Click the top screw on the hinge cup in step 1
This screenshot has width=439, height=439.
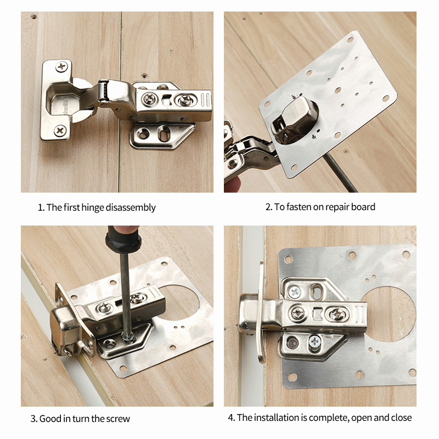pyautogui.click(x=61, y=66)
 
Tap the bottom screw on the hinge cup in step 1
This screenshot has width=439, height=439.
pyautogui.click(x=60, y=130)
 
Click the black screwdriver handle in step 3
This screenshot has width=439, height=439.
pyautogui.click(x=122, y=241)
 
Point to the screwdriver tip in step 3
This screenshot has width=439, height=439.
pyautogui.click(x=128, y=338)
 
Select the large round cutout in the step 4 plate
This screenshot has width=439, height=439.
pyautogui.click(x=387, y=314)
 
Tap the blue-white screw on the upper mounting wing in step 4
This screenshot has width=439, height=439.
pyautogui.click(x=295, y=292)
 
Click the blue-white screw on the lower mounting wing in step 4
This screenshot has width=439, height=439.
pyautogui.click(x=315, y=341)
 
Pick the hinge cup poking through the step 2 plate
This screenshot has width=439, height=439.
pyautogui.click(x=295, y=120)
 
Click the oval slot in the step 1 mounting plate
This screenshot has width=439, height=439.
pyautogui.click(x=164, y=133)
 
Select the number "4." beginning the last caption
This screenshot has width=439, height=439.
pyautogui.click(x=231, y=418)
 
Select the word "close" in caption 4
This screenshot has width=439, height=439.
pyautogui.click(x=402, y=418)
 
